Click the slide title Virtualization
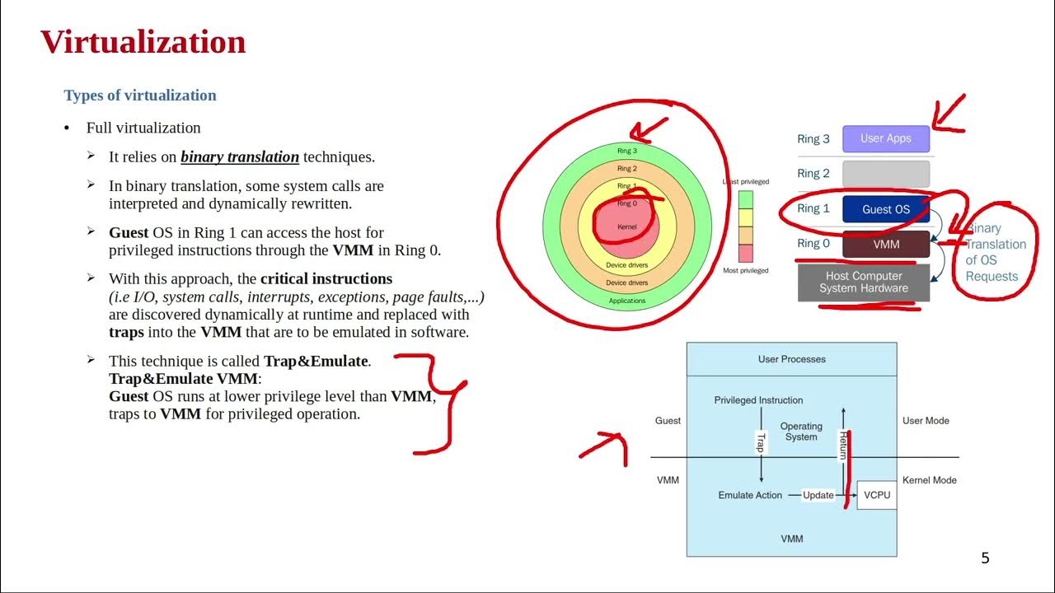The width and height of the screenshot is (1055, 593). click(x=143, y=42)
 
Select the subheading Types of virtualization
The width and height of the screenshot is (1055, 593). click(x=140, y=96)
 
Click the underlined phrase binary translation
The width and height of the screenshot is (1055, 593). click(x=240, y=156)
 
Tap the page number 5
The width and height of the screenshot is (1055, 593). click(x=985, y=558)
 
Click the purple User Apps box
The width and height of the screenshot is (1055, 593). click(x=885, y=138)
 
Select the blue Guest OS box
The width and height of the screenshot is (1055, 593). click(x=885, y=209)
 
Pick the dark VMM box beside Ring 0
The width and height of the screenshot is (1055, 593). click(x=885, y=245)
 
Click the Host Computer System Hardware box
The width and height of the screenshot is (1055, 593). click(x=863, y=282)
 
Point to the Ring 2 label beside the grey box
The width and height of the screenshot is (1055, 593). click(x=814, y=174)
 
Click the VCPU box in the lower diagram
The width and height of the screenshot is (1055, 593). click(x=876, y=495)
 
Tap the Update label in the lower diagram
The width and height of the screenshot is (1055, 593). click(x=818, y=495)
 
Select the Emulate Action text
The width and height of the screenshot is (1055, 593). click(x=750, y=495)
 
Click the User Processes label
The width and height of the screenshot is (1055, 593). click(x=791, y=359)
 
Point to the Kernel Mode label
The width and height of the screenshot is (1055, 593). click(x=930, y=480)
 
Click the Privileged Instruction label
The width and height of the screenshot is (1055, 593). click(x=758, y=400)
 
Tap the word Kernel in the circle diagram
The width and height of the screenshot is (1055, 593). click(x=627, y=226)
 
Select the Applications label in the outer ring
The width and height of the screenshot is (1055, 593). click(x=627, y=301)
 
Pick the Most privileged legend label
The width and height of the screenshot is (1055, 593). click(x=745, y=271)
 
